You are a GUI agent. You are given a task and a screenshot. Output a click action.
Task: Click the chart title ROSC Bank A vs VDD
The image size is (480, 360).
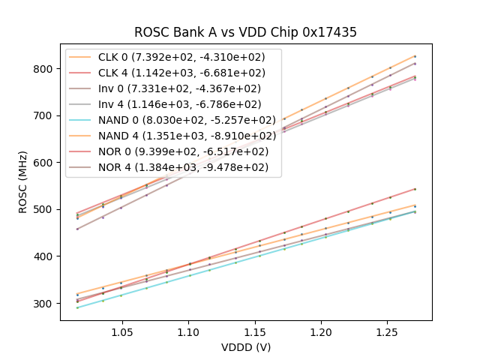[245, 32]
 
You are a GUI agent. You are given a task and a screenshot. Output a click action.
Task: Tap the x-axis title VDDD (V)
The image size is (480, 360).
[245, 347]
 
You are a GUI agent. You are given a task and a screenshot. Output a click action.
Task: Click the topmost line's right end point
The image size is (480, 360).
[415, 56]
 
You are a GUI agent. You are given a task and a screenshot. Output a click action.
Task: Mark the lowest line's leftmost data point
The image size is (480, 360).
[77, 307]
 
